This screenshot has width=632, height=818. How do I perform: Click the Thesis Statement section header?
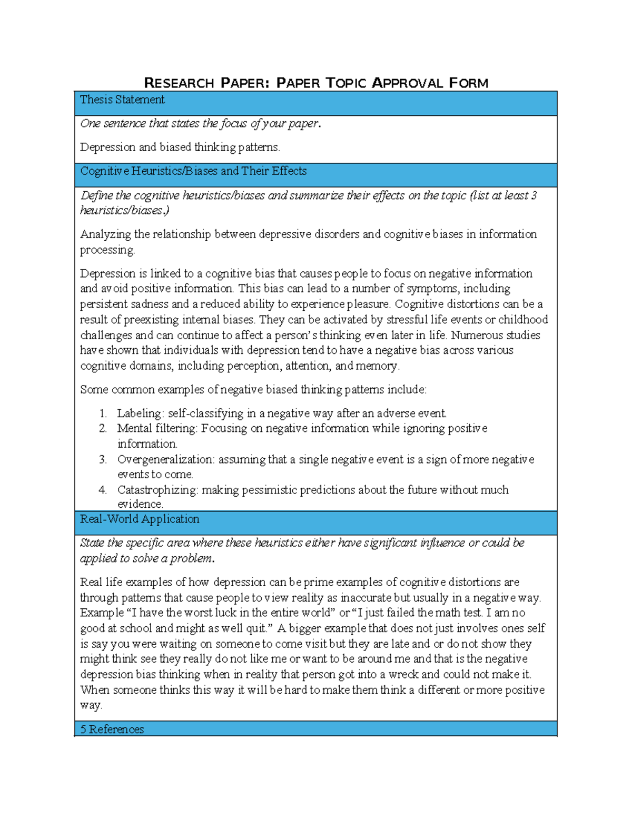(122, 100)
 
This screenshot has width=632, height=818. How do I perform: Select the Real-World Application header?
(140, 519)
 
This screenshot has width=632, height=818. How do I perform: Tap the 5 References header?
(112, 730)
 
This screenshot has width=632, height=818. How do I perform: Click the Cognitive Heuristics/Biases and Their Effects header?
(193, 171)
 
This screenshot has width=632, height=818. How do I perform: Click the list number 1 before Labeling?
(103, 413)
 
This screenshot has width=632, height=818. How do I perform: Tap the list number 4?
(103, 490)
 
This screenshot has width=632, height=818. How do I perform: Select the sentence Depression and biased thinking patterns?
(180, 147)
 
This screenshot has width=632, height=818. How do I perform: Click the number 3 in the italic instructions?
(534, 195)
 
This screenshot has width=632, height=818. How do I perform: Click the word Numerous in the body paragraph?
(473, 336)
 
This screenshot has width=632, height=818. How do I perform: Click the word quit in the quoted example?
(258, 628)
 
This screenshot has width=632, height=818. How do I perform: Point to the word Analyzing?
(105, 234)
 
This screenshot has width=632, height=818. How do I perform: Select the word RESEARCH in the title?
(179, 83)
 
